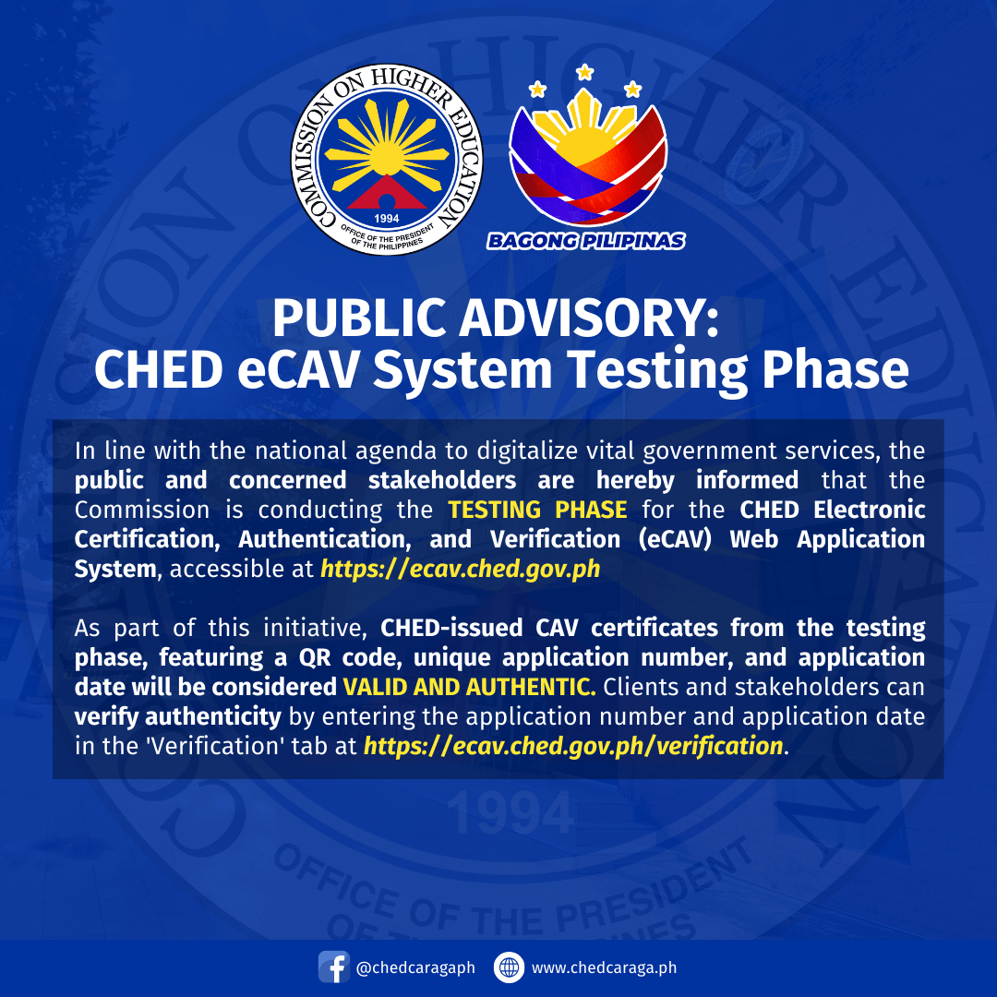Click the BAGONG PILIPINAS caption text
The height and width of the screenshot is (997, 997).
point(586,242)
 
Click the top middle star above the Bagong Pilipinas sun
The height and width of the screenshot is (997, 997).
point(583,71)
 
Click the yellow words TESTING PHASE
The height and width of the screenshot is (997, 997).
point(537,510)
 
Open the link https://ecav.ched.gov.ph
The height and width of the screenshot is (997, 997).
point(460,569)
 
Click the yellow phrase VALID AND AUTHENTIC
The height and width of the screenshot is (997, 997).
point(469,687)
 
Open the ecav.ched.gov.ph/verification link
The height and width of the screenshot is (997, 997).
point(573,746)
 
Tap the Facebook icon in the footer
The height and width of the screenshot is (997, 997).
point(333,967)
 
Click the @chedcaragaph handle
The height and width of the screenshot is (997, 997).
point(415,967)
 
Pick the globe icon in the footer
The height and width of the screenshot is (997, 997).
point(509,967)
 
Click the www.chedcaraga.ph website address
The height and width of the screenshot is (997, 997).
point(605,967)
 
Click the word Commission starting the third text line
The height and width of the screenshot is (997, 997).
point(129,510)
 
